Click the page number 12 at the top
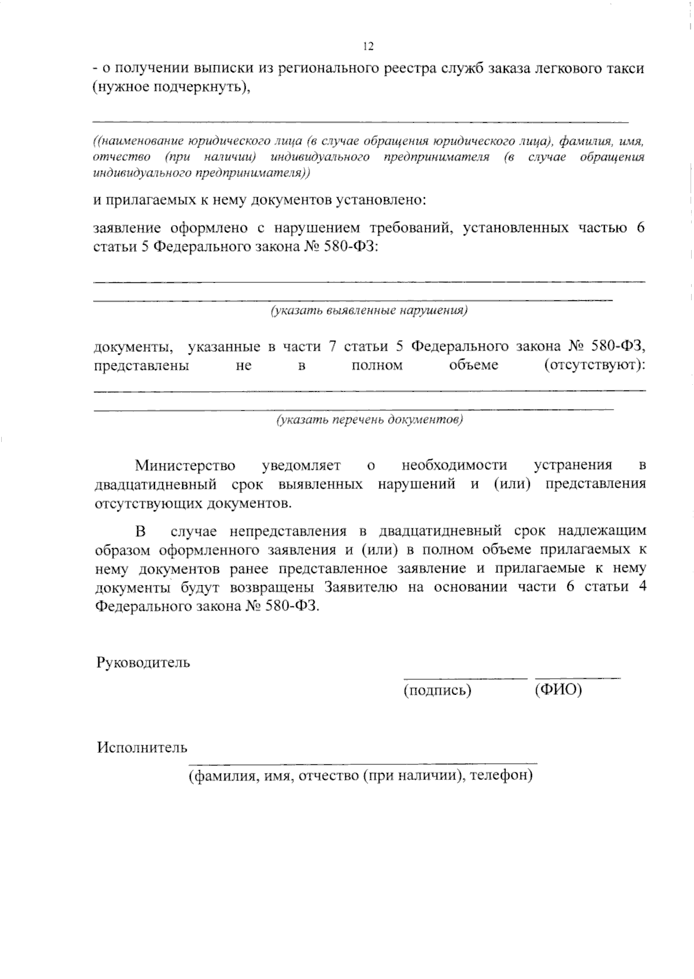tap(368, 47)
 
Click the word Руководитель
tap(143, 663)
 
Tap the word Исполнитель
tap(142, 748)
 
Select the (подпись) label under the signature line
tap(437, 690)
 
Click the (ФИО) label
tap(558, 690)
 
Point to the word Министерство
tap(185, 465)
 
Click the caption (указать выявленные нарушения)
tap(369, 311)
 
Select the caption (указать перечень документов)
tap(369, 419)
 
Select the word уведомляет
tap(301, 465)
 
